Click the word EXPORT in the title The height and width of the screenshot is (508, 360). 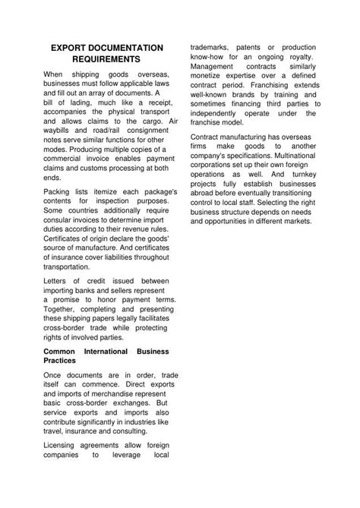point(69,47)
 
